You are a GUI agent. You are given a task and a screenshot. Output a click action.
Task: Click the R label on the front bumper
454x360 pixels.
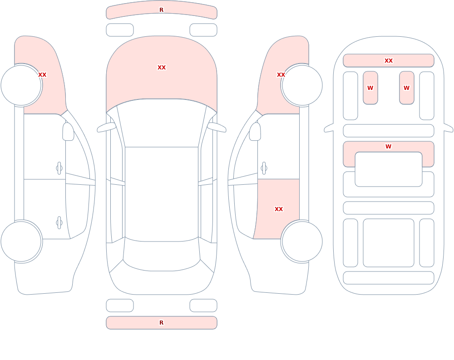pyautogui.click(x=162, y=10)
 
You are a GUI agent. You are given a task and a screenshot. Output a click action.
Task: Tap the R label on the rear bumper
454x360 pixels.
pyautogui.click(x=162, y=323)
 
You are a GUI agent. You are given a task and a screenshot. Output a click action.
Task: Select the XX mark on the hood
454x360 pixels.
pyautogui.click(x=162, y=68)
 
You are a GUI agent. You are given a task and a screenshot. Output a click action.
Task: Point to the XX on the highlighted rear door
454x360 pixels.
pyautogui.click(x=279, y=209)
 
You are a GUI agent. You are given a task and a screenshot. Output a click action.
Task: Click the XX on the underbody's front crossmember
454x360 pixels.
pyautogui.click(x=389, y=60)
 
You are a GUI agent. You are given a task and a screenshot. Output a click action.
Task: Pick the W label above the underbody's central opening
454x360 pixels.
pyautogui.click(x=389, y=147)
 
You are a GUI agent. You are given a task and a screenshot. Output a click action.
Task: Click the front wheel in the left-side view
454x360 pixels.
pyautogui.click(x=21, y=85)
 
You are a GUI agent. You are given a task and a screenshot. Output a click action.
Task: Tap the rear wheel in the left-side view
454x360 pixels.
pyautogui.click(x=21, y=241)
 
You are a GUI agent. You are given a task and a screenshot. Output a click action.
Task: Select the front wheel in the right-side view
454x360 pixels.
pyautogui.click(x=302, y=85)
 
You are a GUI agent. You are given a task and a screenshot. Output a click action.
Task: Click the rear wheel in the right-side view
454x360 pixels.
pyautogui.click(x=302, y=241)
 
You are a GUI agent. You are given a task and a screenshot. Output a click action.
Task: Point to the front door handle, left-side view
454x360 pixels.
pyautogui.click(x=59, y=168)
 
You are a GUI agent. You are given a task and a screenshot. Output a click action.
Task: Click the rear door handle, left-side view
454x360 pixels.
pyautogui.click(x=59, y=223)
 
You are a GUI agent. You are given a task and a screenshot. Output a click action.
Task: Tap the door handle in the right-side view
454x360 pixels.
pyautogui.click(x=264, y=168)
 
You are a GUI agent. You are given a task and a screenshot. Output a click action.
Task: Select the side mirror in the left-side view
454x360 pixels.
pyautogui.click(x=68, y=132)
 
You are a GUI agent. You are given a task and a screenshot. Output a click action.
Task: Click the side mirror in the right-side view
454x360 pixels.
pyautogui.click(x=255, y=132)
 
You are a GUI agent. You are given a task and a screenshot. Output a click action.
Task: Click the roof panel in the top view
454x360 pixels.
pyautogui.click(x=162, y=194)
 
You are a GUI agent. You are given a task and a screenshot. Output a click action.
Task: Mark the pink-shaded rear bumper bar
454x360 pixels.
pyautogui.click(x=162, y=323)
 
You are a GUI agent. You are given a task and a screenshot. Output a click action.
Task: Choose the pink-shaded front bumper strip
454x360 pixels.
pyautogui.click(x=162, y=12)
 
